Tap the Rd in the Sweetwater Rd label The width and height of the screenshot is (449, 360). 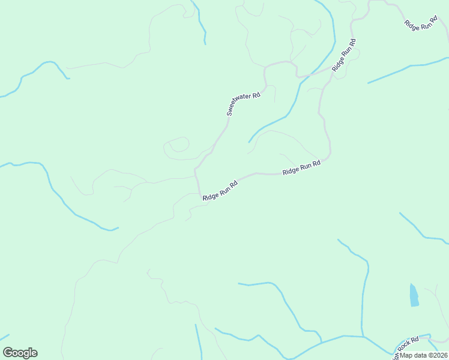[256, 95]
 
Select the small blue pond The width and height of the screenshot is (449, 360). [414, 295]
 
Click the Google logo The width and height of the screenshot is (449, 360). [20, 353]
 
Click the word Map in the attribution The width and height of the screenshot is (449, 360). [406, 355]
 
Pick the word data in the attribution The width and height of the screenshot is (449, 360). [418, 355]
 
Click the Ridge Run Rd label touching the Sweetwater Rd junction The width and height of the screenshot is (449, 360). [220, 189]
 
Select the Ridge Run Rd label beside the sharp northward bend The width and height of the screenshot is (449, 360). [301, 167]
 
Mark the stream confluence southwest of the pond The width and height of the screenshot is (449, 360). [363, 337]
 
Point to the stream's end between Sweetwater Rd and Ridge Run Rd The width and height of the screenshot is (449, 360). [249, 142]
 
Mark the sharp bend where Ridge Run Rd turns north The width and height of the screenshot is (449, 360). [328, 157]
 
